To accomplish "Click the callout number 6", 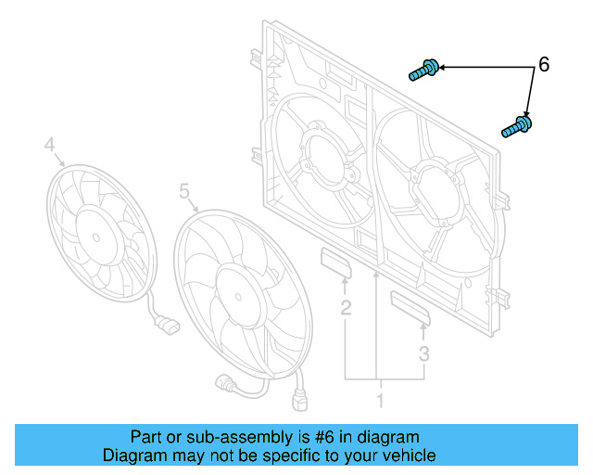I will (x=544, y=65).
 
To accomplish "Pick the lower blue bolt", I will (x=517, y=126).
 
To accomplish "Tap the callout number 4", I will (x=50, y=144).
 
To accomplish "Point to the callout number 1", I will (x=378, y=401).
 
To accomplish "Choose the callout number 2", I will (x=345, y=307).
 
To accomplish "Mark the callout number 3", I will (x=423, y=353).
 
